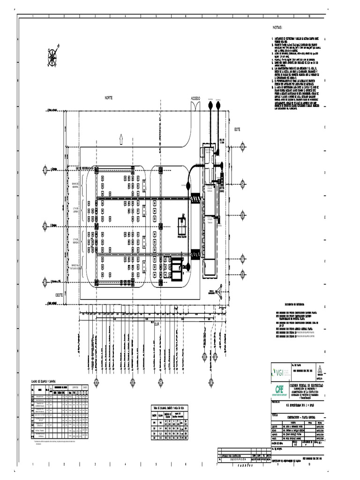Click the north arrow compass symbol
coord(52,56)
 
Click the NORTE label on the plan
coord(109,98)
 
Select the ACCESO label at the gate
coord(195,98)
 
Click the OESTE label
coord(60,295)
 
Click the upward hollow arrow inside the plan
coord(121,138)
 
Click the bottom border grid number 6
coord(186,465)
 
